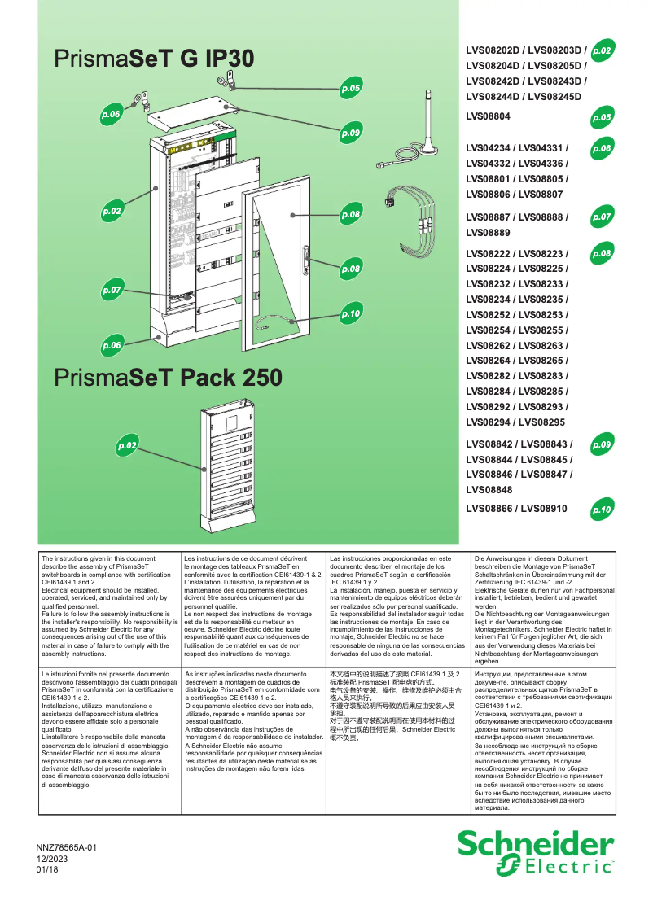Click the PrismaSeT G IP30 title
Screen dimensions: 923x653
point(154,59)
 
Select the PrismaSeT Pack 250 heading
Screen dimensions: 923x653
point(169,378)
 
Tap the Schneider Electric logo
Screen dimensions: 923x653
point(535,853)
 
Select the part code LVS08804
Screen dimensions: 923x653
point(488,117)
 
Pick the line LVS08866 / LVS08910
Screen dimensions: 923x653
point(516,509)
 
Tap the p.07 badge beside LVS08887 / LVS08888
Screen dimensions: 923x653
point(602,217)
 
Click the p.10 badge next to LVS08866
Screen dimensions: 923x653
point(602,510)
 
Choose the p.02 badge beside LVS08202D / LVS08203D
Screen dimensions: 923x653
point(603,50)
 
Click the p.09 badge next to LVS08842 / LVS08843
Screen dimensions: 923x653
point(602,445)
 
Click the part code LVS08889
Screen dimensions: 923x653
point(488,233)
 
